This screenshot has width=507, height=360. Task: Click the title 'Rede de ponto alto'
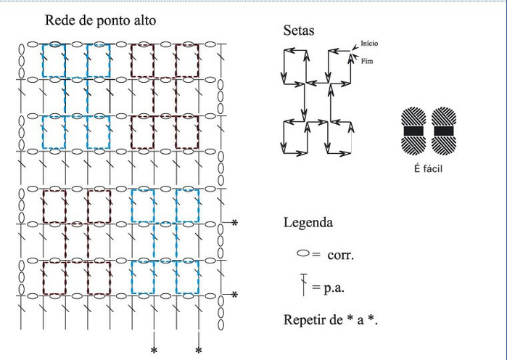tap(100, 20)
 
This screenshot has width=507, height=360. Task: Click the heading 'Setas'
tap(299, 30)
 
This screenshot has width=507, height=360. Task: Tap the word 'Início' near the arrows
tap(369, 44)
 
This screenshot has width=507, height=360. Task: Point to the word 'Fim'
tap(367, 61)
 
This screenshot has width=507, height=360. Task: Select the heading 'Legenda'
tap(308, 223)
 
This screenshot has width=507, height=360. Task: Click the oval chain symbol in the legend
tap(303, 253)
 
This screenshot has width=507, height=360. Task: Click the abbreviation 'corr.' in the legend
tap(340, 255)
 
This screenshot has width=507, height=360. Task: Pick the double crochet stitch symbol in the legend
tap(304, 285)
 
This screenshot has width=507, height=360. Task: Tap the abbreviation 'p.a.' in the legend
tap(334, 287)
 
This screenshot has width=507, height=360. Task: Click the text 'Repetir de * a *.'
tap(331, 319)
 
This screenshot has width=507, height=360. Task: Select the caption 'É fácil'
tap(428, 168)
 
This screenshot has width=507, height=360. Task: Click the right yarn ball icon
tap(444, 131)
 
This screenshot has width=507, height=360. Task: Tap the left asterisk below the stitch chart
tap(154, 351)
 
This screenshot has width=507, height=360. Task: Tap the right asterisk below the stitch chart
tap(199, 351)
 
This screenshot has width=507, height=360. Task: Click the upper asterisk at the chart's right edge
tap(235, 223)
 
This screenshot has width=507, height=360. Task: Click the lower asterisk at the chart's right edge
tap(235, 295)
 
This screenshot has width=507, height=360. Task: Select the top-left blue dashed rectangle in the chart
tap(43, 60)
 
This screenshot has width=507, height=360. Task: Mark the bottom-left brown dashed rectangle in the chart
tap(44, 278)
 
